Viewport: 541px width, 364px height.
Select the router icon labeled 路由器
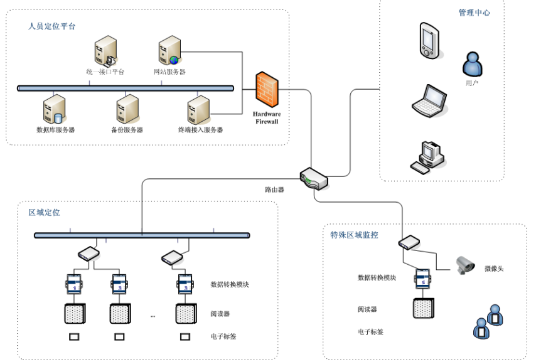tap(314, 178)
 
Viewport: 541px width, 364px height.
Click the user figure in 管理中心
tap(472, 65)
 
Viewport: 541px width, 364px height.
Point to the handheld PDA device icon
tap(429, 41)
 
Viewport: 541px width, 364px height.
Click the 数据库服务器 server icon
tap(55, 109)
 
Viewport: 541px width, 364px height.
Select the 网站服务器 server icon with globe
tap(169, 51)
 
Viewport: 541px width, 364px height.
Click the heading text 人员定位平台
tap(52, 26)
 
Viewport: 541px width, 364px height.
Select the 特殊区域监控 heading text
tap(353, 235)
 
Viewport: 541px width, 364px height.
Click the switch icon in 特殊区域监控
tap(409, 242)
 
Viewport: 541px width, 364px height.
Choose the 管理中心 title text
tap(474, 13)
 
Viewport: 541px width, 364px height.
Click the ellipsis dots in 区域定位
tap(153, 316)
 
